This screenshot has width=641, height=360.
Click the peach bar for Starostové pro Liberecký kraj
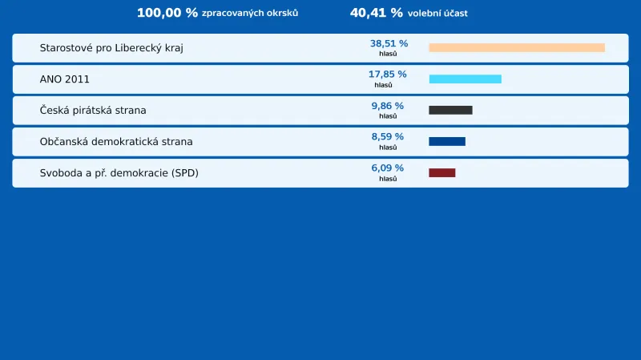(517, 48)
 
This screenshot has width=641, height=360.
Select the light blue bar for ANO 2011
(465, 79)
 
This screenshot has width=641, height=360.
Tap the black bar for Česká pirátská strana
(450, 110)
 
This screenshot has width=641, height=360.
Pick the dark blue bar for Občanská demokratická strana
(446, 141)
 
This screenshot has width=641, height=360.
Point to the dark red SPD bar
(441, 172)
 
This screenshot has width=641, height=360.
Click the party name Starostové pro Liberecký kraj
(111, 48)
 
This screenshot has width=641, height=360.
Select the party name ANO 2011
(65, 79)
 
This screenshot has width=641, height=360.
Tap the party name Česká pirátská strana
(93, 110)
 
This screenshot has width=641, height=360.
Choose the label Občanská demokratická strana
(116, 141)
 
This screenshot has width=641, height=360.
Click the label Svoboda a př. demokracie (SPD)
(119, 172)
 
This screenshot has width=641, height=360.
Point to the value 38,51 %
(389, 43)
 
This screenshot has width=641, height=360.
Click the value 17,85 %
(387, 75)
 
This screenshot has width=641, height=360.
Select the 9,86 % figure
(387, 106)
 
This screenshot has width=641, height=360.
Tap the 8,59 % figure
(387, 137)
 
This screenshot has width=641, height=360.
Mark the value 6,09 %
(387, 168)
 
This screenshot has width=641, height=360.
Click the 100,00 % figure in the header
(167, 13)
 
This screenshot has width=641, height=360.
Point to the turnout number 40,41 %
(376, 13)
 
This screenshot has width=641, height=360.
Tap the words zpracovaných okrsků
(250, 14)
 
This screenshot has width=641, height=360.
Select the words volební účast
(437, 14)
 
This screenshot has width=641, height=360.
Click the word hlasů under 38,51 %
(388, 54)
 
